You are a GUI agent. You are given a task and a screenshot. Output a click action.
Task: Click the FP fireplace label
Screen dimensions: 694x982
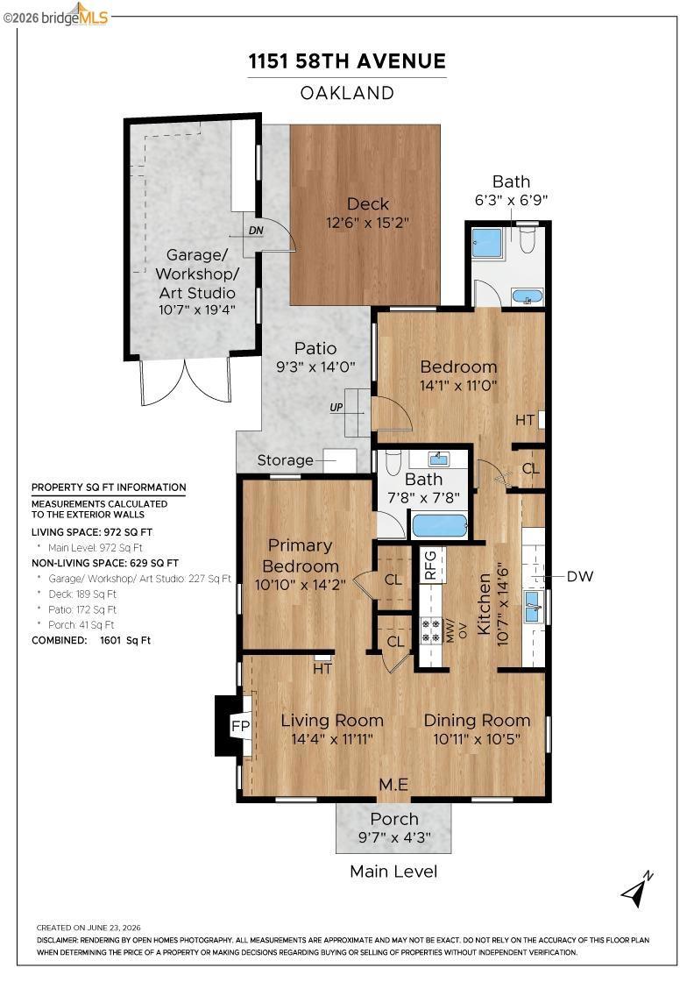(x=240, y=726)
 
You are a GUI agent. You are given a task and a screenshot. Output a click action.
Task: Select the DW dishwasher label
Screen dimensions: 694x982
(x=579, y=576)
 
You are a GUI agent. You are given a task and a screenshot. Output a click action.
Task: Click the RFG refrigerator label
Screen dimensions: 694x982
(x=430, y=565)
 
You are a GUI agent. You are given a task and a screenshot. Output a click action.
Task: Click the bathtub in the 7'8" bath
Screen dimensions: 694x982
(x=439, y=525)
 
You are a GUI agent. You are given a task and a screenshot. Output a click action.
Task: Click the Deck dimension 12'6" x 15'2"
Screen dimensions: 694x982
(x=367, y=223)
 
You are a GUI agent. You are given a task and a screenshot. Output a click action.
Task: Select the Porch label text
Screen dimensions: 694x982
(x=394, y=819)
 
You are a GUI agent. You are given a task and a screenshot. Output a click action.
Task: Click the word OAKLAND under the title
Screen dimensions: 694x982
(x=347, y=93)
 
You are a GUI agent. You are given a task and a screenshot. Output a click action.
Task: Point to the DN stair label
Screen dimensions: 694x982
(x=256, y=231)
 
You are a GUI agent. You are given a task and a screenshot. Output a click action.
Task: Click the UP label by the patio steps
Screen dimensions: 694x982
(x=336, y=407)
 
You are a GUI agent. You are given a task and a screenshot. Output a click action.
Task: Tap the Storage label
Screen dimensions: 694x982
(x=285, y=460)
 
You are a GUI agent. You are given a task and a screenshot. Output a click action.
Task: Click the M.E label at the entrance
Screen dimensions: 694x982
(x=393, y=784)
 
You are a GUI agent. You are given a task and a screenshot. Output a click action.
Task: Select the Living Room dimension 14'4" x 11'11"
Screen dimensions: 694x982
(x=332, y=739)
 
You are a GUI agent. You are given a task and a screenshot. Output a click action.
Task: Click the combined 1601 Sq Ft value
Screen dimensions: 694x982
(x=125, y=640)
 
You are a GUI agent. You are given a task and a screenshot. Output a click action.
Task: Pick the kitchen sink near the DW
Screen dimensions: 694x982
(x=533, y=607)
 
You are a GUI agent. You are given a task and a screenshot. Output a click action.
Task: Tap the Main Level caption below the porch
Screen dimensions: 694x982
(x=393, y=872)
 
